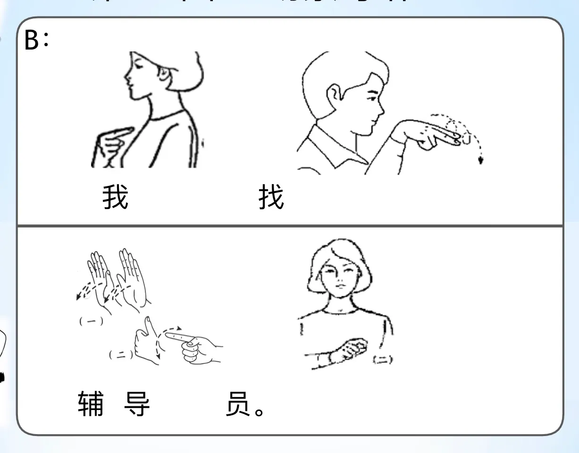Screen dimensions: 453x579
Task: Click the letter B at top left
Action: coord(31,41)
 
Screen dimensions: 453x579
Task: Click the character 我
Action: coord(116,197)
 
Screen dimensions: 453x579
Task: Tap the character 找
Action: coord(271,197)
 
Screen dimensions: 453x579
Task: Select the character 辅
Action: coord(90,404)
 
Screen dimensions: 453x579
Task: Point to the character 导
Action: coord(137,404)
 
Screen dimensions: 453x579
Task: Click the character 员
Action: coord(237,404)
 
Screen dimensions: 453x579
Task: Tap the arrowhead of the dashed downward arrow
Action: coord(480,160)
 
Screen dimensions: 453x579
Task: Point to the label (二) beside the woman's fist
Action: coord(383,360)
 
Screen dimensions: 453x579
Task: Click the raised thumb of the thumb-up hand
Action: coord(148,325)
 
